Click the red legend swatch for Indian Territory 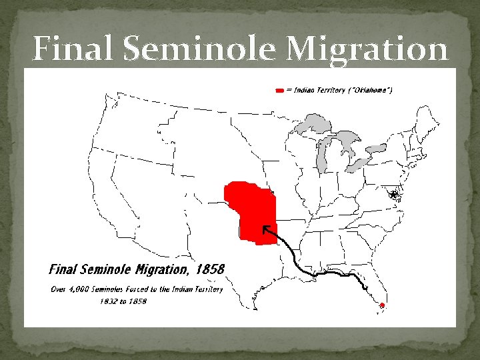pos(279,89)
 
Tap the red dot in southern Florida pos(382,305)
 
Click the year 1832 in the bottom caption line pos(109,301)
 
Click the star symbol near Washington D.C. pos(394,194)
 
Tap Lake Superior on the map pos(313,124)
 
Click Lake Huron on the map pos(347,143)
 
